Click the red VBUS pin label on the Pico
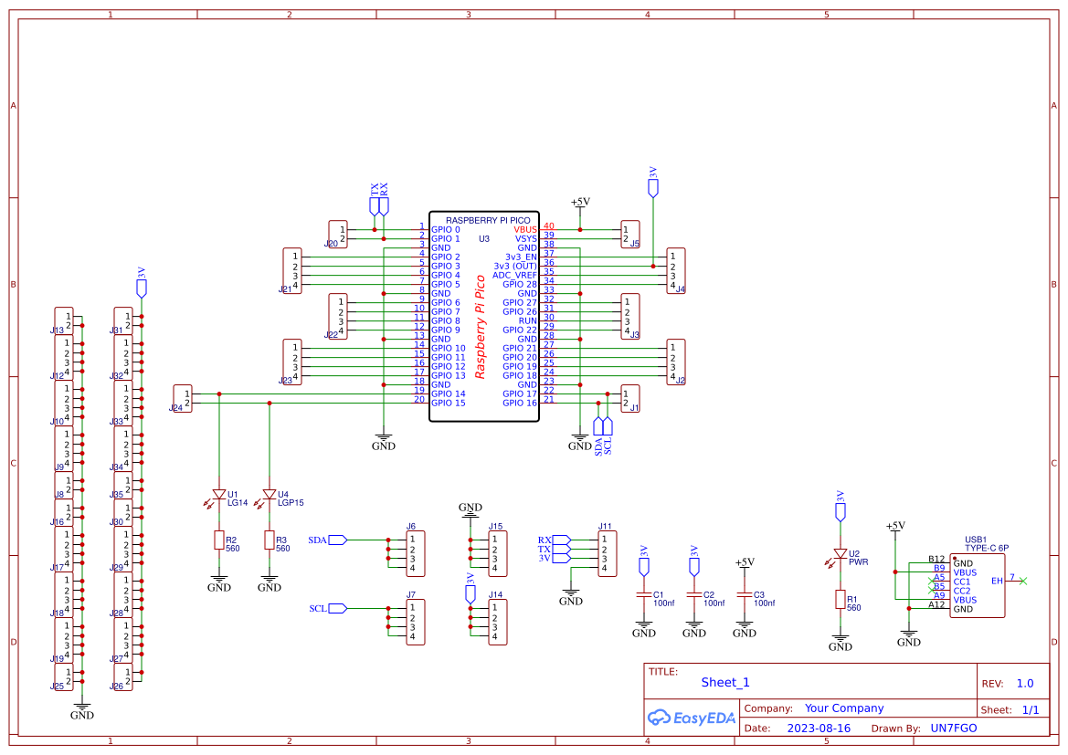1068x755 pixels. pos(525,229)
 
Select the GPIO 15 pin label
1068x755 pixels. pos(448,403)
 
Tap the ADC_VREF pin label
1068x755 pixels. pos(515,275)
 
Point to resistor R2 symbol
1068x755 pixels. pos(218,540)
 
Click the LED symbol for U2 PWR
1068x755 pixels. pos(840,554)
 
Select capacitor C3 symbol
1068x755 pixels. pos(745,595)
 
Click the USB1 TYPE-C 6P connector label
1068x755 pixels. pos(987,543)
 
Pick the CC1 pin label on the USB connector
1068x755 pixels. pos(962,582)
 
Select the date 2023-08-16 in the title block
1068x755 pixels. pos(818,729)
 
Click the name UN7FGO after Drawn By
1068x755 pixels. pos(953,729)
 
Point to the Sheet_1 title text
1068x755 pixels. pos(725,682)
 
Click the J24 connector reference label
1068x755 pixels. pos(175,408)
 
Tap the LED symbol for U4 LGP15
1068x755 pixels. pos(269,495)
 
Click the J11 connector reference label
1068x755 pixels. pos(605,527)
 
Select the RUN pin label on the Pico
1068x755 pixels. pos(528,320)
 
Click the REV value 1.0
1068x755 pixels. pos(1024,683)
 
